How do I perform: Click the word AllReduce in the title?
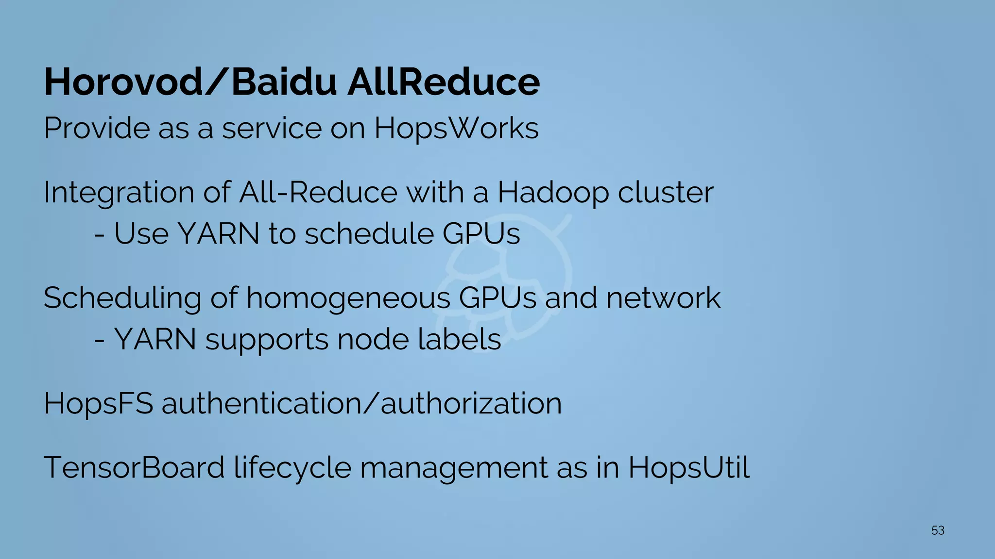pos(443,82)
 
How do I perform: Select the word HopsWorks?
pos(456,129)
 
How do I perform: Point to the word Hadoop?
pos(553,193)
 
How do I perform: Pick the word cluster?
pos(666,193)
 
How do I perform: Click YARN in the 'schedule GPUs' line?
pos(219,234)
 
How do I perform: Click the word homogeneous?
pos(348,298)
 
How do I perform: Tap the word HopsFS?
pos(99,404)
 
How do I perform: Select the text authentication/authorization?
pos(361,404)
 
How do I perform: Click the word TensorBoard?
pos(134,468)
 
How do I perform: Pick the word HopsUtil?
pos(689,468)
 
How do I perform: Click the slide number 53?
pos(938,530)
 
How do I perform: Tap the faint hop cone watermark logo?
pos(505,281)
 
